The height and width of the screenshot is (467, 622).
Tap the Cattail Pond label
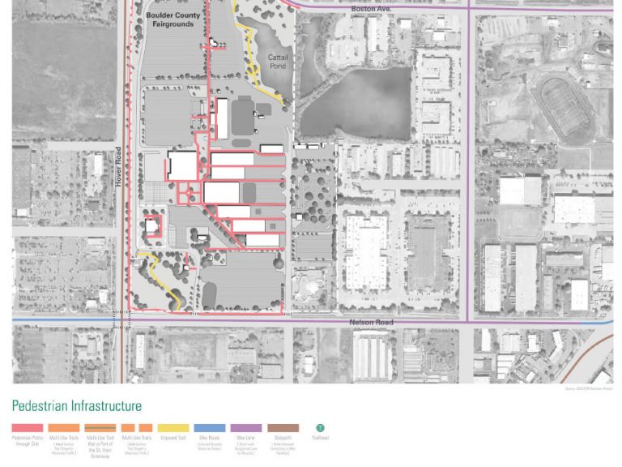point(278,61)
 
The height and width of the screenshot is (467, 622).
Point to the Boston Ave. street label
point(371,8)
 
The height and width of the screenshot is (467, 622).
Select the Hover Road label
point(118,167)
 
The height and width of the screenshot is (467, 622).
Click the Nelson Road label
point(371,323)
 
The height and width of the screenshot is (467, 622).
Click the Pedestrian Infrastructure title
point(76,405)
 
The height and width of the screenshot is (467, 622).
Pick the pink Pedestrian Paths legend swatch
point(28,428)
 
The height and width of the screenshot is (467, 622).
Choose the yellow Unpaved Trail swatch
point(173,428)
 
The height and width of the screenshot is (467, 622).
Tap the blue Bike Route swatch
point(209,428)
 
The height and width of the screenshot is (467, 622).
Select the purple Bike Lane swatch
point(246,428)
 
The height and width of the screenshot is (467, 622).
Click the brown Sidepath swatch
point(283,428)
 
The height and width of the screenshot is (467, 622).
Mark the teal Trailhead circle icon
point(320,428)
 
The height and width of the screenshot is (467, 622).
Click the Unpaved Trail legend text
point(173,438)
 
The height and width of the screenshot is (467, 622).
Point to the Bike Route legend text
point(209,440)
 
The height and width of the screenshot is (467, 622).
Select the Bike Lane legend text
point(246,440)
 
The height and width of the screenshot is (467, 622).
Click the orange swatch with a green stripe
point(100,428)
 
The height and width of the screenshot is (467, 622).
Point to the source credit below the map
point(589,388)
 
